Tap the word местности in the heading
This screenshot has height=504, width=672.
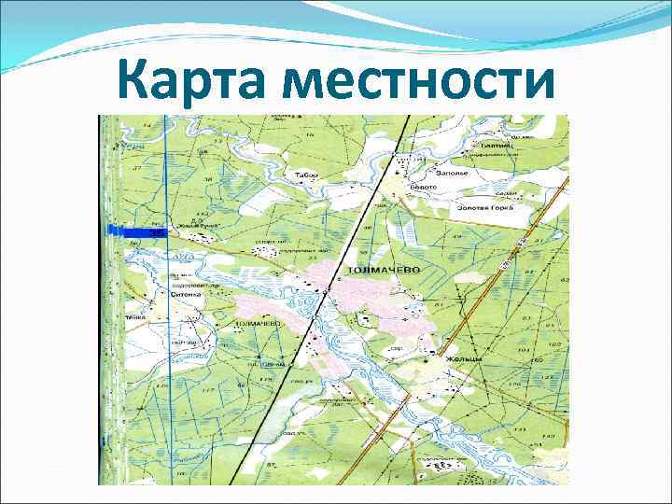pyautogui.click(x=415, y=83)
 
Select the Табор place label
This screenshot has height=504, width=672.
pyautogui.click(x=306, y=175)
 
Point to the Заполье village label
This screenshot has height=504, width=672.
pyautogui.click(x=452, y=172)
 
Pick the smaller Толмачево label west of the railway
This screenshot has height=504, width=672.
pyautogui.click(x=259, y=324)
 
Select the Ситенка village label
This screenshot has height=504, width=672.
pyautogui.click(x=187, y=293)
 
